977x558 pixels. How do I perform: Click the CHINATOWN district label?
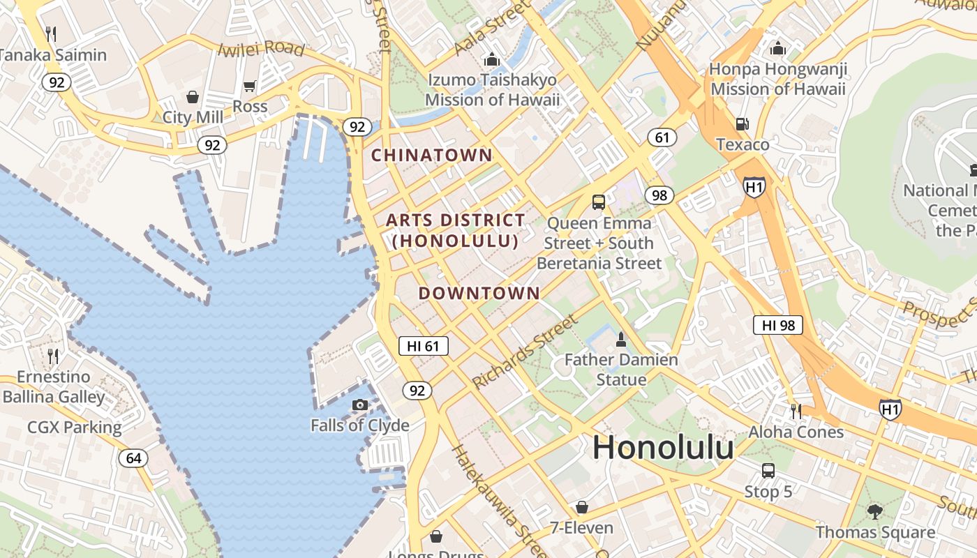[x=431, y=155]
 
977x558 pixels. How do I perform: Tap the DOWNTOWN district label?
[x=479, y=293]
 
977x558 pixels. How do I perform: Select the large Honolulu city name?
[x=663, y=447]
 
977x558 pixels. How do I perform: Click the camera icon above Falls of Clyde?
[x=360, y=405]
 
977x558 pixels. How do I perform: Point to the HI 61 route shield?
[x=424, y=346]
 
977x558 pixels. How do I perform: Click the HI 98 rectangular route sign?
[x=778, y=325]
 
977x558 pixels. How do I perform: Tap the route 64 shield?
[x=133, y=458]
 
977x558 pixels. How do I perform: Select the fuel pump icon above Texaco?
[x=743, y=124]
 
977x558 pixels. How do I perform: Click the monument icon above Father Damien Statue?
[x=620, y=340]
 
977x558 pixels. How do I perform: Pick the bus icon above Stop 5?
[x=768, y=471]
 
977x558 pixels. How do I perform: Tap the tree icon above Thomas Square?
[x=875, y=512]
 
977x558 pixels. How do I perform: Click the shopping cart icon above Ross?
[x=250, y=86]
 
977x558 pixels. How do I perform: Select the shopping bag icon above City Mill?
[x=192, y=97]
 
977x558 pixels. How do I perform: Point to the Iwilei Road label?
[x=261, y=49]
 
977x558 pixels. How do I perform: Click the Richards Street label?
[x=525, y=352]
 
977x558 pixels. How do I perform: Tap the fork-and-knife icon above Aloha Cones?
[x=796, y=411]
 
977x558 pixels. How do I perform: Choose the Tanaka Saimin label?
[x=53, y=55]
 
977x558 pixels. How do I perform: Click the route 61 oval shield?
[x=662, y=137]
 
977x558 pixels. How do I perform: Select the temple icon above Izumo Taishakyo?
[x=492, y=60]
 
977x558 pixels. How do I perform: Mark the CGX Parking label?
[x=74, y=427]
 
